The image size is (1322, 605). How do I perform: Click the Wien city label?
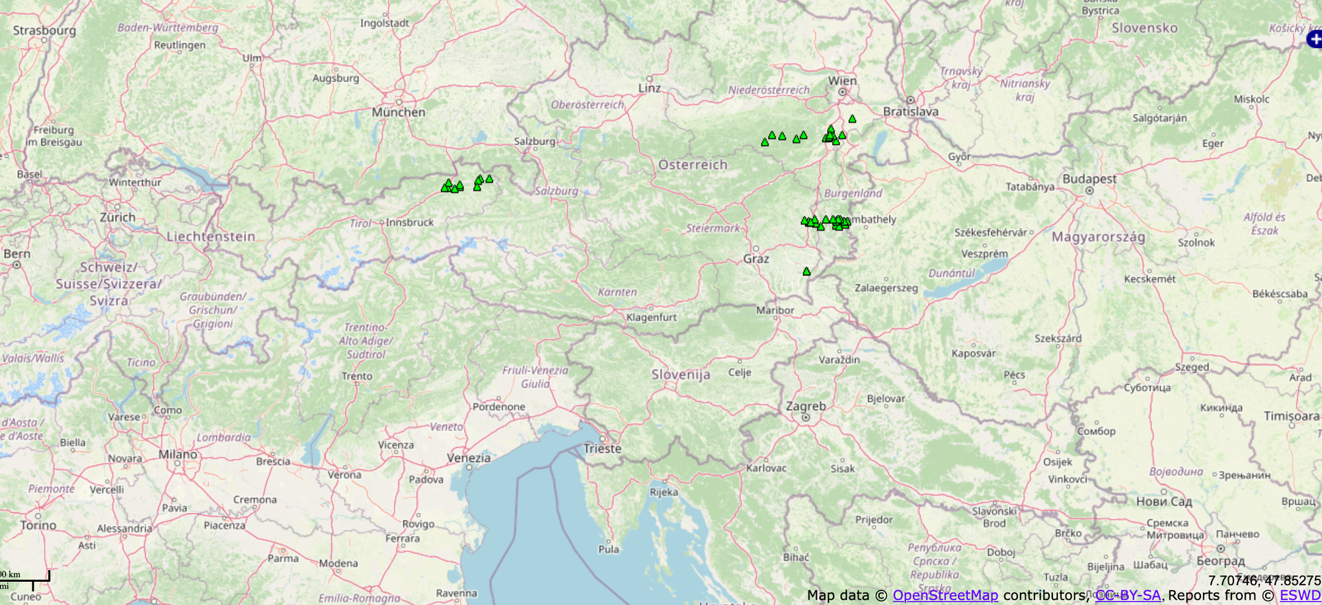point(842,81)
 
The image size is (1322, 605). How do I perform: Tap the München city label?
point(398,112)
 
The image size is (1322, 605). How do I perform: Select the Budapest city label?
point(1089,179)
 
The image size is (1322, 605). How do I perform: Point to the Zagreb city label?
point(806,406)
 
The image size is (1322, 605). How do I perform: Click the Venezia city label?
point(469,458)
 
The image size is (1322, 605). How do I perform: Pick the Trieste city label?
point(602,448)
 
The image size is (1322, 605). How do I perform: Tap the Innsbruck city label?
point(410,222)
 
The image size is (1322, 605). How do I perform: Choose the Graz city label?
point(756,259)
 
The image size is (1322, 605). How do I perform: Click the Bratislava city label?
point(911,112)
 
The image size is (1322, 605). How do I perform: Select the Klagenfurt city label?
point(652,317)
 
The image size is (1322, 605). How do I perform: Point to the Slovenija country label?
point(681,374)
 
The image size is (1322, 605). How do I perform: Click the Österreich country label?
point(693,165)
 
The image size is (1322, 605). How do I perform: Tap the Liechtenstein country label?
point(211,237)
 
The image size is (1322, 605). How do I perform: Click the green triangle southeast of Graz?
point(806,271)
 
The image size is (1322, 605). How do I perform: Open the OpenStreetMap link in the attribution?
point(945,595)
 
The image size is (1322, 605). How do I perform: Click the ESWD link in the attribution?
point(1300,595)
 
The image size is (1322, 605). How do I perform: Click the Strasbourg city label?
point(44,30)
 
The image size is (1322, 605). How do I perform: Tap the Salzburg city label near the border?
point(535,141)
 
